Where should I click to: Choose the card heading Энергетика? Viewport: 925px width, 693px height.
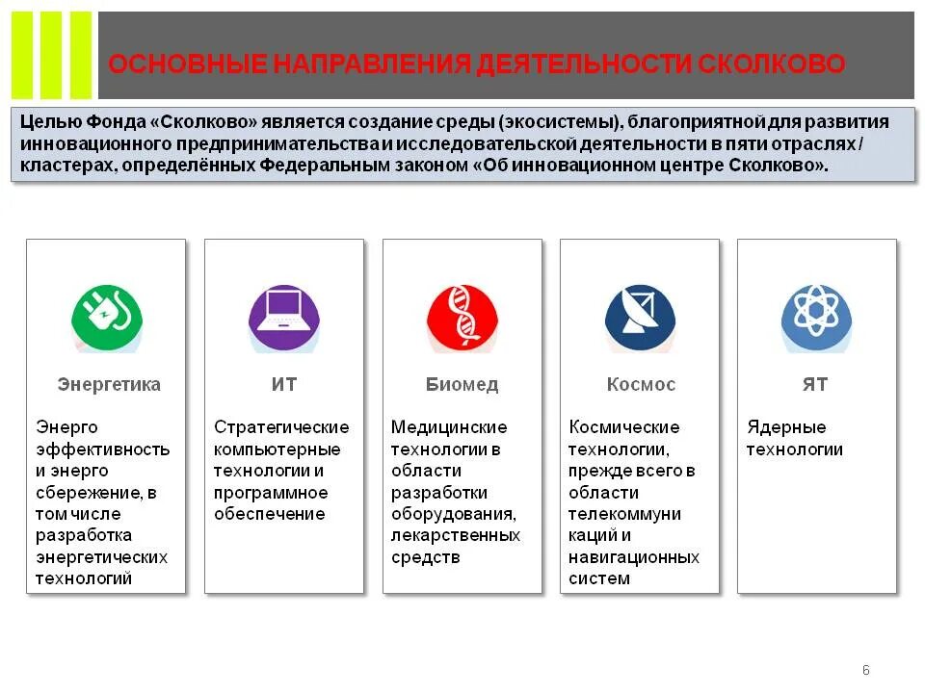click(x=109, y=385)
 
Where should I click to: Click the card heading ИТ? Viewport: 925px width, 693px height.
click(x=284, y=385)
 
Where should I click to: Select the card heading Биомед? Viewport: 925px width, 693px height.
click(x=462, y=385)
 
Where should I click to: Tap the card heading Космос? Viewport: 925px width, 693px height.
click(x=641, y=385)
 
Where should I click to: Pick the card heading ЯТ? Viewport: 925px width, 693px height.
click(x=815, y=385)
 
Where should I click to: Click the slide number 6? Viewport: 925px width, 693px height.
click(x=865, y=670)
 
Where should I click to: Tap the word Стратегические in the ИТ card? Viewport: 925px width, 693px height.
click(x=281, y=427)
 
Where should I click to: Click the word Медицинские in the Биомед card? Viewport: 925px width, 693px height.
click(x=449, y=427)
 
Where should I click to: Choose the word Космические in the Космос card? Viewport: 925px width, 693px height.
click(x=624, y=427)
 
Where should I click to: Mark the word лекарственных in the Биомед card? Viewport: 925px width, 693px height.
click(x=456, y=535)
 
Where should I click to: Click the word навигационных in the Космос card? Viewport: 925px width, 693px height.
click(x=634, y=557)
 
